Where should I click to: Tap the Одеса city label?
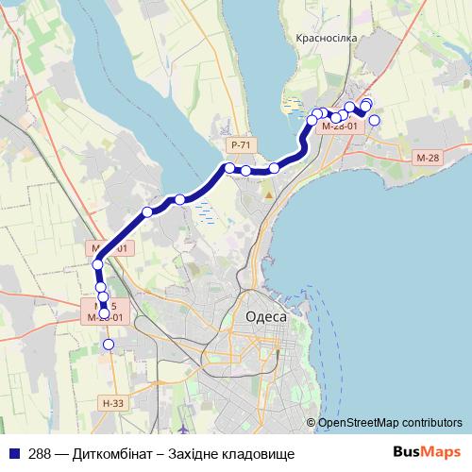(265, 316)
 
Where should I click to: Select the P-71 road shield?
(241, 144)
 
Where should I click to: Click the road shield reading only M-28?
(428, 158)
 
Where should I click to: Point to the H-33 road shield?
(111, 404)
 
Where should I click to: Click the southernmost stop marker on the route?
(109, 345)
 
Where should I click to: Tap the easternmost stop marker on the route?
(375, 120)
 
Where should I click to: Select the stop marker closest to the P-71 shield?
(229, 168)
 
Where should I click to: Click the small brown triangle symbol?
(270, 194)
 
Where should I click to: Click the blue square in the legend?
(13, 454)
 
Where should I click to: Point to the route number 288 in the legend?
(41, 454)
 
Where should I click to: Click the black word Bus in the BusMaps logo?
(408, 453)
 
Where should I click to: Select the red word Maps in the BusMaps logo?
(442, 453)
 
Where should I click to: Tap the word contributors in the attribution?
(430, 424)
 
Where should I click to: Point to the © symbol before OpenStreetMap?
(312, 424)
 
